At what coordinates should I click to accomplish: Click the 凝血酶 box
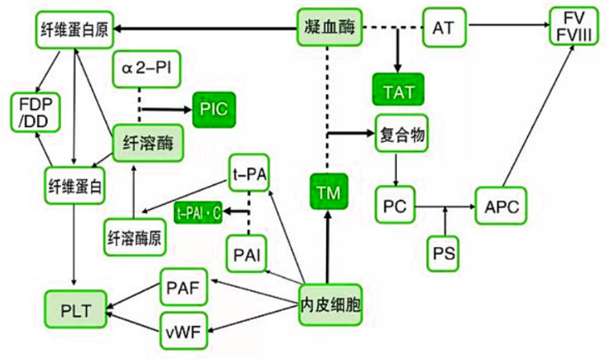click(329, 29)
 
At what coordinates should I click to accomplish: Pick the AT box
click(444, 29)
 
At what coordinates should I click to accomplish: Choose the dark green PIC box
click(214, 107)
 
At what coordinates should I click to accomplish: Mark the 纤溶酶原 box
click(134, 237)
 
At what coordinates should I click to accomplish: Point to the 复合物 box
click(402, 134)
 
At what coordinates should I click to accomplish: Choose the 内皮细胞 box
click(329, 306)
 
